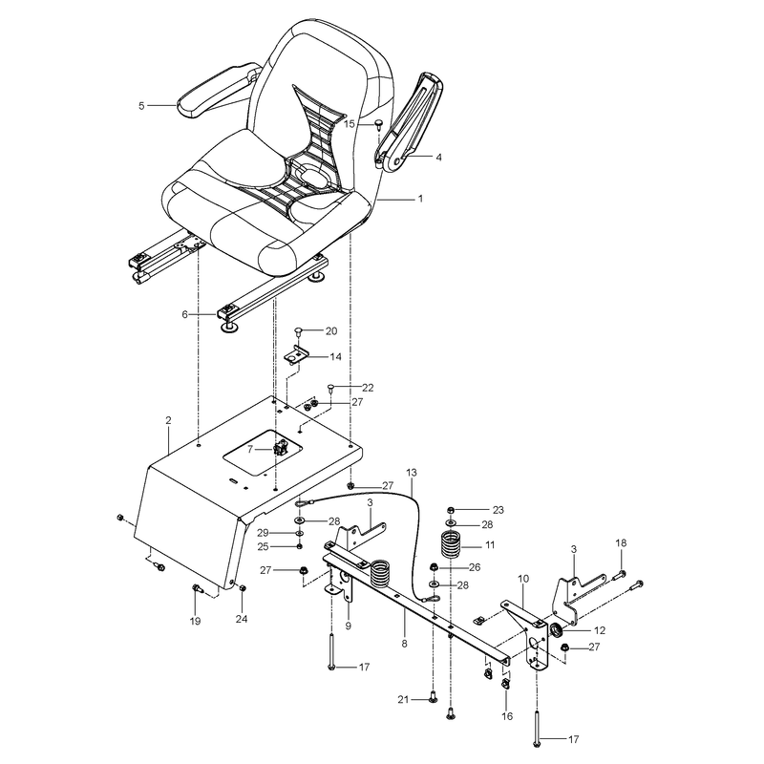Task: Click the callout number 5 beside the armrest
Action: (x=141, y=106)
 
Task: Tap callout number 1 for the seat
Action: (x=420, y=199)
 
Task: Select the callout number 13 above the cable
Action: (x=412, y=473)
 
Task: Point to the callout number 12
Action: (x=600, y=630)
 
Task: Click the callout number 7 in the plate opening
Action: (x=250, y=449)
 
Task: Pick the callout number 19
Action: (x=195, y=622)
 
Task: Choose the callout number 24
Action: (x=242, y=619)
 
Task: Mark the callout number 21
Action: (x=403, y=700)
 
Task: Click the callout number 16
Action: (x=507, y=716)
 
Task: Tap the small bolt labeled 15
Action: (x=377, y=125)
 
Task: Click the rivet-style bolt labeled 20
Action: (x=299, y=332)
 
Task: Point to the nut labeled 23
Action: (x=451, y=510)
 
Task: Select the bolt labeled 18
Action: (x=616, y=575)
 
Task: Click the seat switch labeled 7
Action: (x=282, y=446)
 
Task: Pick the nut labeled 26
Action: (x=433, y=566)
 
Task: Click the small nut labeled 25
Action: (x=299, y=546)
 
